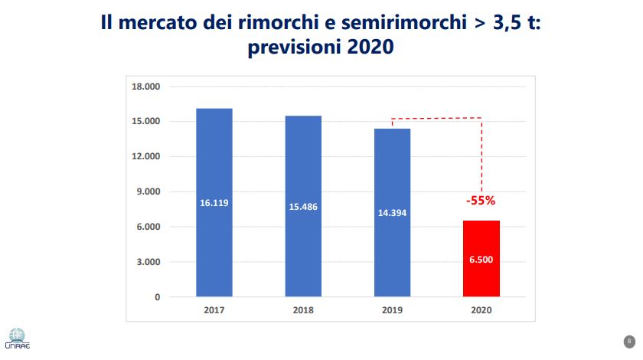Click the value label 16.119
click(x=214, y=203)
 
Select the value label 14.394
click(x=393, y=211)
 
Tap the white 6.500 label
click(x=481, y=260)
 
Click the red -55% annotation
click(x=481, y=201)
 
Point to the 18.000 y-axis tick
click(x=145, y=87)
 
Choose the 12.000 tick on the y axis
click(x=145, y=157)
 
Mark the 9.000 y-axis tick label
click(x=148, y=191)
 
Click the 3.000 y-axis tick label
click(x=148, y=262)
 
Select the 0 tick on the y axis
click(x=156, y=297)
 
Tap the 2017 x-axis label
click(x=214, y=312)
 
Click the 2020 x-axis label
click(x=481, y=312)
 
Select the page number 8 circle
click(x=628, y=341)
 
